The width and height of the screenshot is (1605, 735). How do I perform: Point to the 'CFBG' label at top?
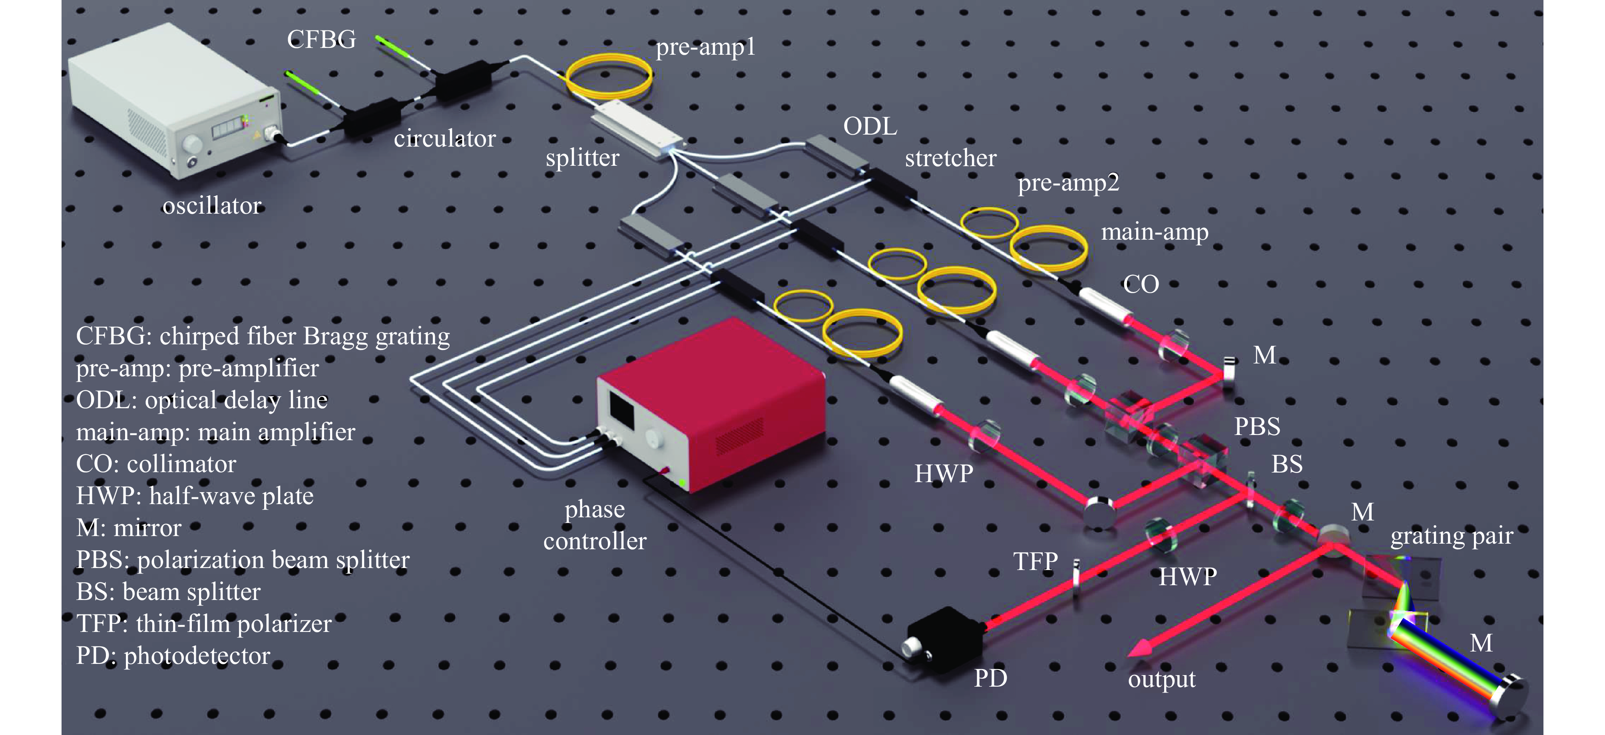[321, 40]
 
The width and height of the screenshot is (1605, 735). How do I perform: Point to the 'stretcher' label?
[950, 159]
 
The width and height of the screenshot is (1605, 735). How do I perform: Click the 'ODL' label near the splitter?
[870, 127]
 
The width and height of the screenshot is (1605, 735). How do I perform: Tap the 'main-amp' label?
[1154, 232]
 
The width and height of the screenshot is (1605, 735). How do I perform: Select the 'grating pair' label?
[1452, 536]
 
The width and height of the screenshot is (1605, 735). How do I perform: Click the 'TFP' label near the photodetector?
[1035, 562]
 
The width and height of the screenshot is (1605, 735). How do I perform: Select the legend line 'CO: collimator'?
[156, 465]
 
